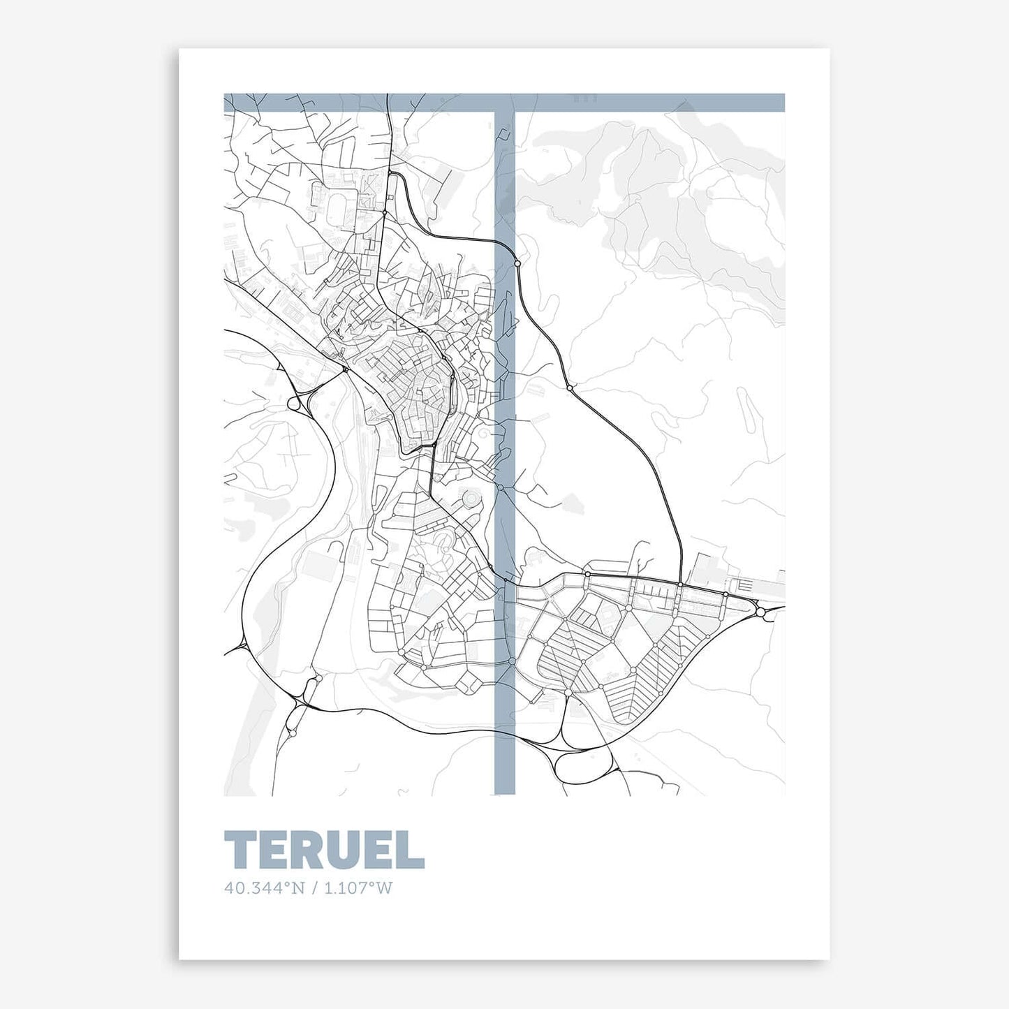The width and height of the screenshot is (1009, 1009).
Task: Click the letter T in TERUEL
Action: pyautogui.click(x=240, y=850)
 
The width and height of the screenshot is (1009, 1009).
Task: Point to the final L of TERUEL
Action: pyautogui.click(x=413, y=850)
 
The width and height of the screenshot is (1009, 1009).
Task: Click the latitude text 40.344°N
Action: pyautogui.click(x=265, y=888)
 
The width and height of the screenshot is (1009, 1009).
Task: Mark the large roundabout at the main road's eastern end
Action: pyautogui.click(x=760, y=612)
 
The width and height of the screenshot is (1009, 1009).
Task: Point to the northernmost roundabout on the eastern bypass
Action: pyautogui.click(x=517, y=263)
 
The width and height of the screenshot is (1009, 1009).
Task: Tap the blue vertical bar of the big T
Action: pyautogui.click(x=504, y=454)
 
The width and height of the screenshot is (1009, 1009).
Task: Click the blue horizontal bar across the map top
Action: pyautogui.click(x=503, y=103)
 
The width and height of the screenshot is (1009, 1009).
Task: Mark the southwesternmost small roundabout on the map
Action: pyautogui.click(x=292, y=733)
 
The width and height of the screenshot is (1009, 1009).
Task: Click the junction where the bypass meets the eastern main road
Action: pyautogui.click(x=680, y=583)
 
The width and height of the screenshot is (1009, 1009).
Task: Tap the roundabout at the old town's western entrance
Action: pyautogui.click(x=345, y=369)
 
